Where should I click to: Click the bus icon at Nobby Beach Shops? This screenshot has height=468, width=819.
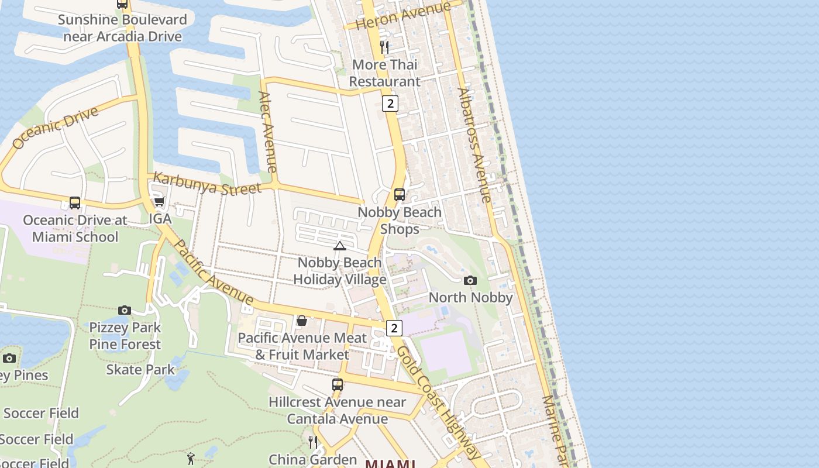click(400, 194)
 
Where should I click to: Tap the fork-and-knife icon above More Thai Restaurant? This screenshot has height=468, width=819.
click(384, 47)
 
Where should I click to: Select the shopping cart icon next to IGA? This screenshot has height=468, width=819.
click(159, 202)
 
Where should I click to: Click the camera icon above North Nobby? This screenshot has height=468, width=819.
click(470, 280)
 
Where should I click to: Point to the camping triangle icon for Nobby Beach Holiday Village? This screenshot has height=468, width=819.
click(339, 246)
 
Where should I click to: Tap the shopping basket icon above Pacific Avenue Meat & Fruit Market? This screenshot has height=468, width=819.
click(301, 321)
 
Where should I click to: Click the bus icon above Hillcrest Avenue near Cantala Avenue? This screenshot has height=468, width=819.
click(338, 385)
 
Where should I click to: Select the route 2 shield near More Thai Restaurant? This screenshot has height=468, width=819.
click(390, 104)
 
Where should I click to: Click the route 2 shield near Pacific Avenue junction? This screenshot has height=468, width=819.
click(394, 328)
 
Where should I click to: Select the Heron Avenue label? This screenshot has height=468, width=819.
click(404, 15)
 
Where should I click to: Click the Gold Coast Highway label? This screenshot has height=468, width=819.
click(436, 403)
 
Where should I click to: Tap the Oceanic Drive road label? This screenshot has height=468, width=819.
click(55, 128)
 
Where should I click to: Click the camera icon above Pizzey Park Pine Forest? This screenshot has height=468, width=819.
click(124, 310)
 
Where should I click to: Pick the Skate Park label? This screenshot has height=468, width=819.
click(140, 370)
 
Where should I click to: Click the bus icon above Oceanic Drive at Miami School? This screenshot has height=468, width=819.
click(75, 203)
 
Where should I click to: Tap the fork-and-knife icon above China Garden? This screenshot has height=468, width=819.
click(313, 442)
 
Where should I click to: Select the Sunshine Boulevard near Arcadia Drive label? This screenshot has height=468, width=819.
click(122, 28)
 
